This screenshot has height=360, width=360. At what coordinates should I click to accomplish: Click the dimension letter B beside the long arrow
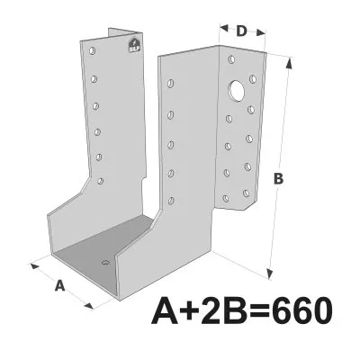click(x=279, y=179)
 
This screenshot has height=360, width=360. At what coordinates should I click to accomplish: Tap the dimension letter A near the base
click(x=60, y=286)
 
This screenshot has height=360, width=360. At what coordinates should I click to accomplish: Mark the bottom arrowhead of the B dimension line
click(x=269, y=273)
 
